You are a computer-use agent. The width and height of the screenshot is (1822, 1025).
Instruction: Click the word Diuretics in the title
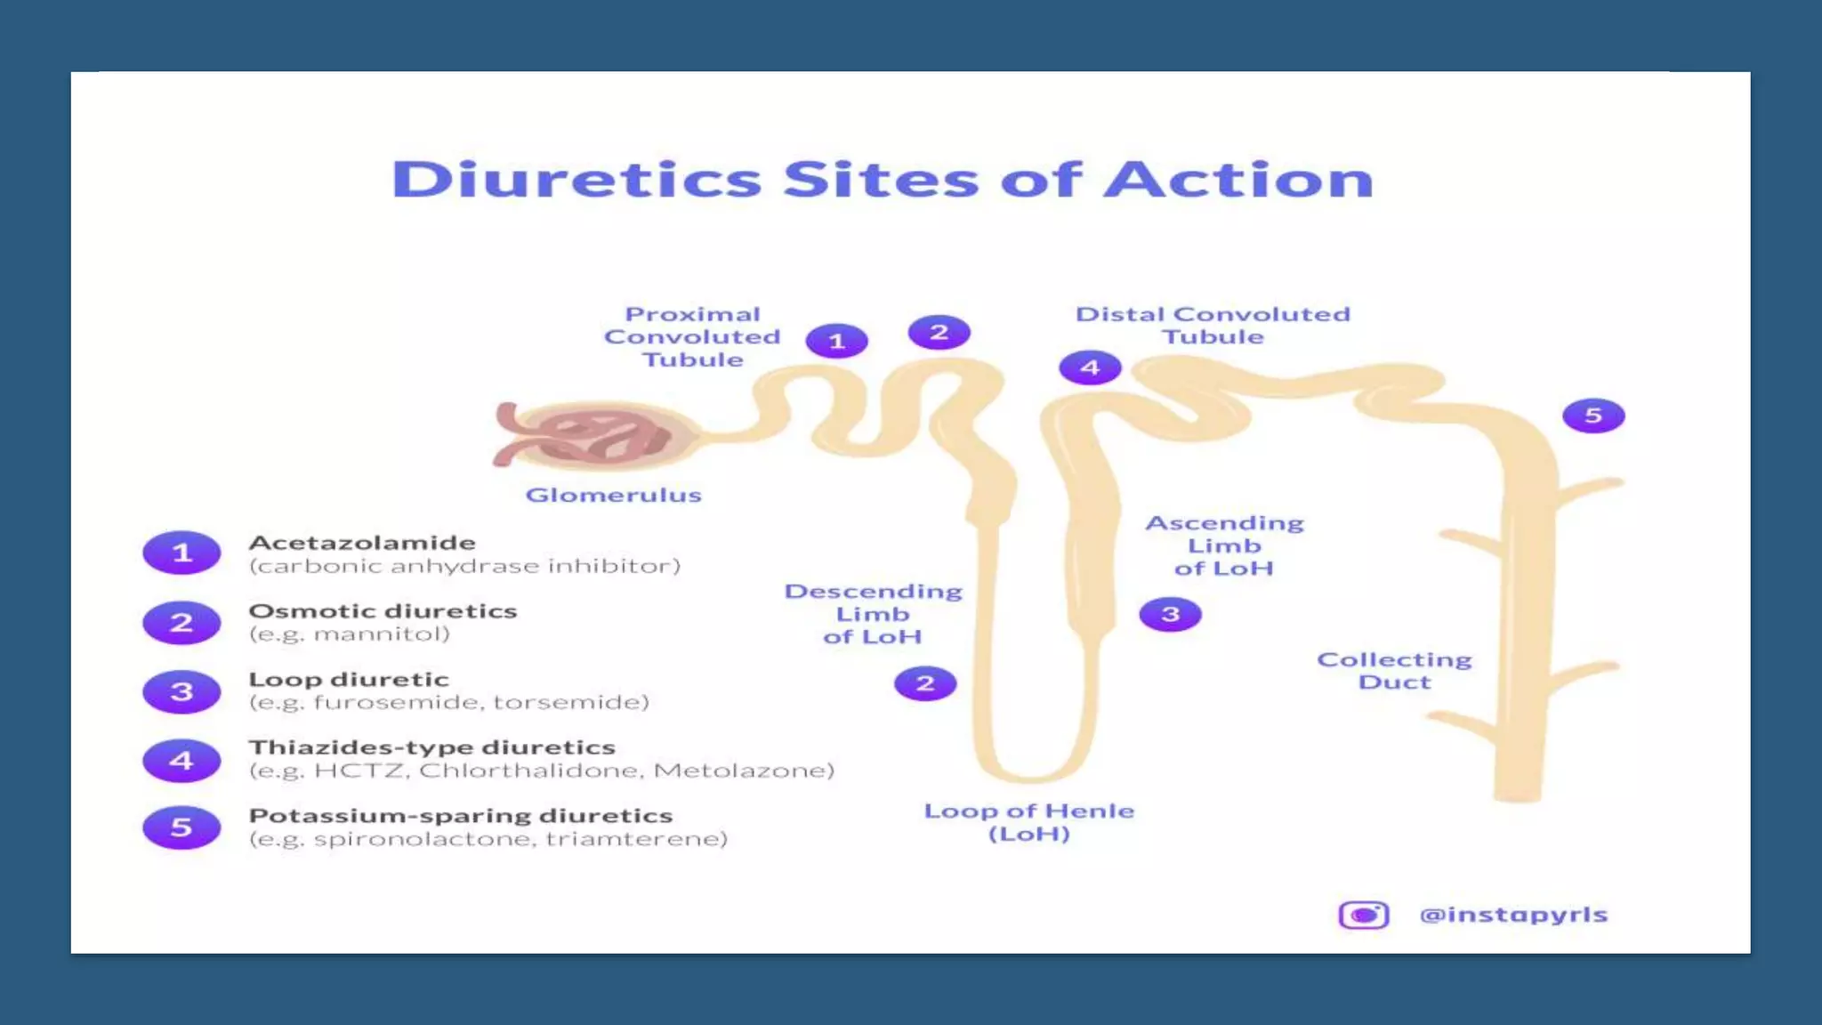click(576, 180)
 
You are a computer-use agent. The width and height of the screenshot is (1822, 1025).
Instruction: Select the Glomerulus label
click(613, 495)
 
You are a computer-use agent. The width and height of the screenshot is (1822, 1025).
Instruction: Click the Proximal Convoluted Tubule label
click(692, 337)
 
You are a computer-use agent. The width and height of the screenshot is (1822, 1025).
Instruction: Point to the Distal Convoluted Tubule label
click(1213, 326)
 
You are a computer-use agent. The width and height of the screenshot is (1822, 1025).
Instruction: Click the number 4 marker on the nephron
click(1090, 367)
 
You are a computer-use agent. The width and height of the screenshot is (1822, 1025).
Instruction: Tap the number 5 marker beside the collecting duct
click(1593, 416)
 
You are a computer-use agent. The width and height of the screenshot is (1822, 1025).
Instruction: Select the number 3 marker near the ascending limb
click(1170, 614)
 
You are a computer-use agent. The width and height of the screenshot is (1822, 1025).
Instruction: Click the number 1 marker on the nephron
click(836, 341)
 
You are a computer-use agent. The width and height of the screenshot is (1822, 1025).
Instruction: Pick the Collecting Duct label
click(1394, 671)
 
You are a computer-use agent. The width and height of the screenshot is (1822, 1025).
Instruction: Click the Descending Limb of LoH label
click(873, 614)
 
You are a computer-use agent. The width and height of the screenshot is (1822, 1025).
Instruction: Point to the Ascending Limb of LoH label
click(1224, 545)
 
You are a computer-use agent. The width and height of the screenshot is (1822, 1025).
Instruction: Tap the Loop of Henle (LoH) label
click(1029, 822)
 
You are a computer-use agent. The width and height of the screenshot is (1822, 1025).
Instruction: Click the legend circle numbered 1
click(181, 553)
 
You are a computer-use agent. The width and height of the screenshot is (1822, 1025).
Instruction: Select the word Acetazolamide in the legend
click(362, 543)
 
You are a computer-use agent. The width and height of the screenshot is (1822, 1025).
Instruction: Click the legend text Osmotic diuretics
click(383, 611)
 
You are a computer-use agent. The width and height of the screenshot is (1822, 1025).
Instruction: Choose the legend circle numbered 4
click(181, 761)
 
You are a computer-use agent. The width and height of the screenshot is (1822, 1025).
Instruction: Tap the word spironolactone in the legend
click(423, 839)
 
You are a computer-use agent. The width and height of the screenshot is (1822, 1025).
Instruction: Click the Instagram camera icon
click(1363, 915)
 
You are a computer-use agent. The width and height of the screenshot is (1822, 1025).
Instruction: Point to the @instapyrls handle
click(1513, 915)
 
